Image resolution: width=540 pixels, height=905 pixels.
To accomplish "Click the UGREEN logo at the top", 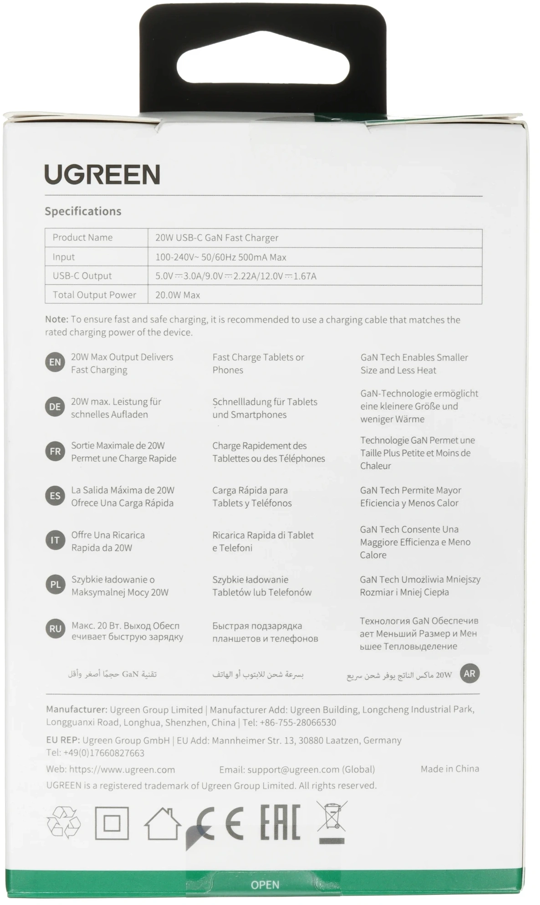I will coord(102,174).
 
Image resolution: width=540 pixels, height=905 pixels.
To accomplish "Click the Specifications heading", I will coord(83,211).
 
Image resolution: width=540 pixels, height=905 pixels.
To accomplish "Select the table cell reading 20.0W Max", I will coord(178,295).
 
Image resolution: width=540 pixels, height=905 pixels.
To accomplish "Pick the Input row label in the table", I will coord(63,257).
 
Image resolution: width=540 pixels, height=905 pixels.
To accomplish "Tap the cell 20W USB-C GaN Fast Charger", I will coord(217,238).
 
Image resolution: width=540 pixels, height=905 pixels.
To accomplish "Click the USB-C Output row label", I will coord(82,276).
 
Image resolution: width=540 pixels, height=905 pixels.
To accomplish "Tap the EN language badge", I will coord(55,362).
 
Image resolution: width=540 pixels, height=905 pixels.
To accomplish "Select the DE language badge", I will coord(55,407).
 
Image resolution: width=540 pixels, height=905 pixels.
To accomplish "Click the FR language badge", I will coord(55,452).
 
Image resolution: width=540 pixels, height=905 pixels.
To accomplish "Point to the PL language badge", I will coord(55,585).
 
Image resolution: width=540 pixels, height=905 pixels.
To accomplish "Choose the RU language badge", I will coord(55,629).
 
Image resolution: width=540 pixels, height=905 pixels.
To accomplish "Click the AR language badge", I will coord(469,673).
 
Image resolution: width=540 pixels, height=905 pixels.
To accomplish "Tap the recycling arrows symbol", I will coord(64,823).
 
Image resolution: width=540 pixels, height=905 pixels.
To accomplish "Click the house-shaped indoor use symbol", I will coord(162,824).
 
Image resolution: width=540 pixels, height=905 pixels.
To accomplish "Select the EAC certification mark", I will coord(280,822).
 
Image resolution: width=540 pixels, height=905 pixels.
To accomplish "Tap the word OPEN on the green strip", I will coord(265,885).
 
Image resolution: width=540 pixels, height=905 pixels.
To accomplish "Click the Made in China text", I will coord(449,769).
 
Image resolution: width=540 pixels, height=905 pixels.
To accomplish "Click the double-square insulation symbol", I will coord(112,823).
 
